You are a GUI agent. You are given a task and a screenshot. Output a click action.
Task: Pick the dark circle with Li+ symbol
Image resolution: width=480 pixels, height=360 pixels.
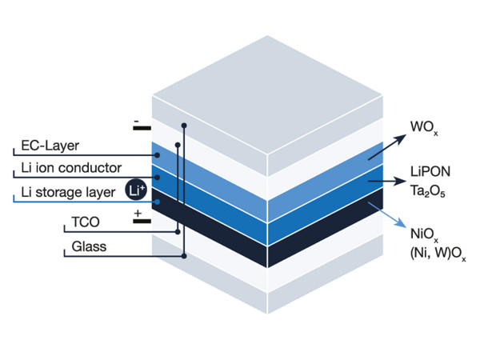tap(136, 190)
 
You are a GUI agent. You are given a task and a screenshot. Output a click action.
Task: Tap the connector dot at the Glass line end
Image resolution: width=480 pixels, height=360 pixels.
tap(185, 256)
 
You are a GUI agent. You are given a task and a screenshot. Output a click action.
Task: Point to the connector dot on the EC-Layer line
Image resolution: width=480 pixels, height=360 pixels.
tap(158, 154)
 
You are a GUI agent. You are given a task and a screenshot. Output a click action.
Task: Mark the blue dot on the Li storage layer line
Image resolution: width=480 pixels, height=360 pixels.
tap(158, 202)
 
